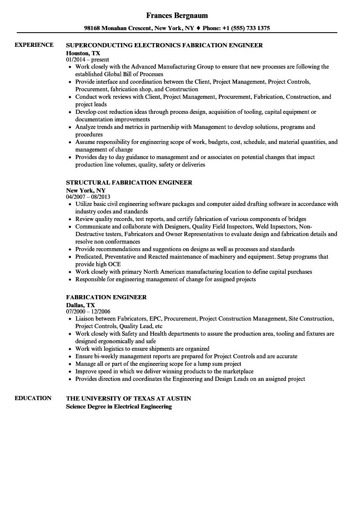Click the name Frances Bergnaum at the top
tap(177, 15)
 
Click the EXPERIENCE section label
tap(34, 45)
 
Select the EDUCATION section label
tap(33, 398)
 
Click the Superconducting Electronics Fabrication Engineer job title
tap(165, 45)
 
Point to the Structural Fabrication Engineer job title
tap(129, 182)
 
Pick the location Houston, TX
tap(83, 53)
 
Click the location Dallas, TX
tap(80, 305)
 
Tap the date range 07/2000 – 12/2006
tap(88, 311)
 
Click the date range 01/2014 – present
tap(87, 60)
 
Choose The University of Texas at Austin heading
tap(129, 398)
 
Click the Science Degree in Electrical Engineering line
tap(119, 406)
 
